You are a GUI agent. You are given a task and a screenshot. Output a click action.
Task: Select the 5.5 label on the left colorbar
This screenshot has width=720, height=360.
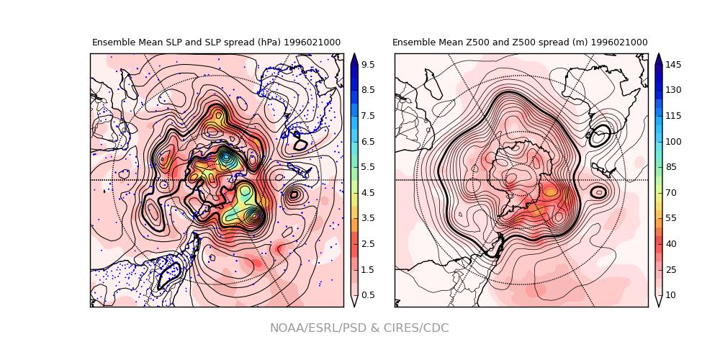click(367, 167)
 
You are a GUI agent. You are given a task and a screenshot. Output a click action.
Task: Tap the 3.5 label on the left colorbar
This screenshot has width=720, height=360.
click(367, 218)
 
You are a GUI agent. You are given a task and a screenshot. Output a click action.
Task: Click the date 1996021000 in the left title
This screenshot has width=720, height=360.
click(312, 43)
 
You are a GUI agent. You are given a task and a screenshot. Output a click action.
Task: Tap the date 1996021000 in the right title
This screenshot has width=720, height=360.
click(619, 43)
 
